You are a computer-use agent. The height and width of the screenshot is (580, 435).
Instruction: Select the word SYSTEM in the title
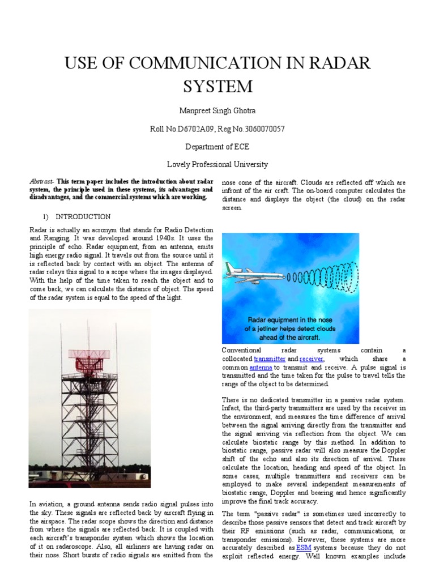coord(217,87)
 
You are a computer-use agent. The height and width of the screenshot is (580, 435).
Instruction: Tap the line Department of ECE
coord(217,147)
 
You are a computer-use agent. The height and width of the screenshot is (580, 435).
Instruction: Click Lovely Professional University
coord(217,165)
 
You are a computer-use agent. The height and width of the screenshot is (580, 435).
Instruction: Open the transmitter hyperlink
coord(270,359)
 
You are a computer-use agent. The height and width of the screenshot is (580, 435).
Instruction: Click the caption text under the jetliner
coord(289,329)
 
